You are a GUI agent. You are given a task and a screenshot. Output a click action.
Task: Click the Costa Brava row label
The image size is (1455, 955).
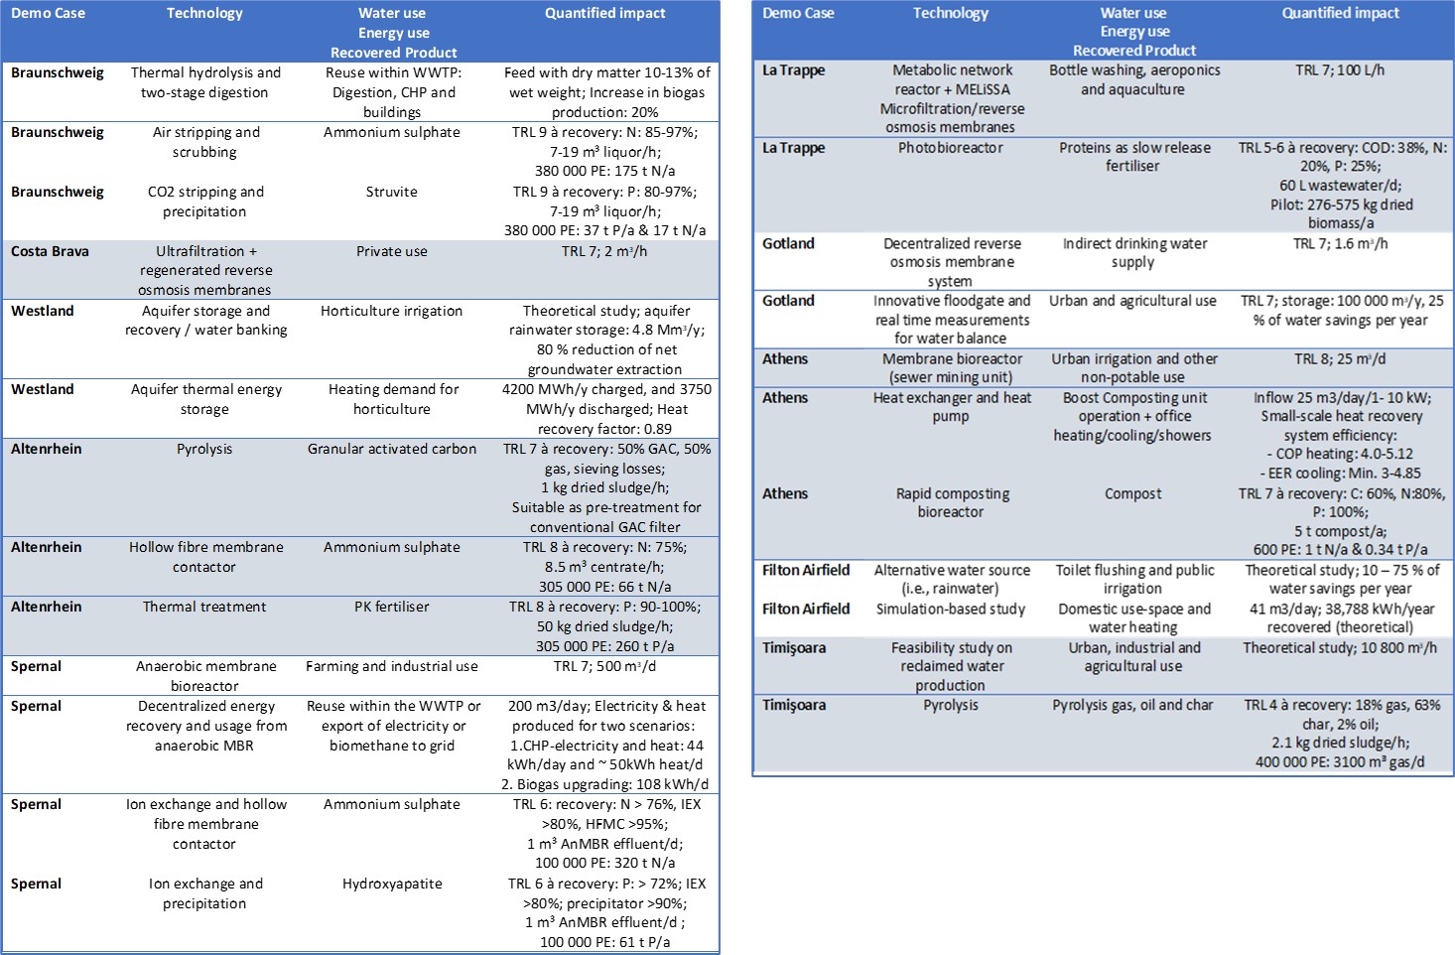tap(50, 251)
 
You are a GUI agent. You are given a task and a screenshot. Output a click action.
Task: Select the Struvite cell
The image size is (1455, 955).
tap(391, 192)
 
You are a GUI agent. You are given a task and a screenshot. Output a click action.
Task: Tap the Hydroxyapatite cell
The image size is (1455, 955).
tap(392, 884)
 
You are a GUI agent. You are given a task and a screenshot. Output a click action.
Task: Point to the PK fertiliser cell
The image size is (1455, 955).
tap(391, 607)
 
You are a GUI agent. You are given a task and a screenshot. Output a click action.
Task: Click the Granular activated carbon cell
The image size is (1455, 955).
tap(391, 449)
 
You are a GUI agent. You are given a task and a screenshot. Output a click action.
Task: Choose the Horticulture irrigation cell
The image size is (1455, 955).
tap(391, 311)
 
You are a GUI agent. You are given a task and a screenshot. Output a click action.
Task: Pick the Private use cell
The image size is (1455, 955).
tap(391, 251)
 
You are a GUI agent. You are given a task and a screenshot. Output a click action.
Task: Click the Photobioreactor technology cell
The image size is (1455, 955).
tap(950, 147)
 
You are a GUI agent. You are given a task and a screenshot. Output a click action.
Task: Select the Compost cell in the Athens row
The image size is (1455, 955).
tap(1132, 493)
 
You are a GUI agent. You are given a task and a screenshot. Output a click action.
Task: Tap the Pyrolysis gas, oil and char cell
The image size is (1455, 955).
tap(1132, 705)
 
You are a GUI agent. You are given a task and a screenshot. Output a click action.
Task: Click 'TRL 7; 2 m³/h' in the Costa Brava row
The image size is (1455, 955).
tap(604, 251)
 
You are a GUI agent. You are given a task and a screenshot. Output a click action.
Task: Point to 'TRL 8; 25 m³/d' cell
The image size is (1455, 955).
tap(1340, 358)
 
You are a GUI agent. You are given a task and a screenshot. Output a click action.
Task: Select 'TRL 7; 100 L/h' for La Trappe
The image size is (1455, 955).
tap(1340, 69)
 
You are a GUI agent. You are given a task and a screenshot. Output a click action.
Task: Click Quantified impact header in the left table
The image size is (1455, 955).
tap(604, 13)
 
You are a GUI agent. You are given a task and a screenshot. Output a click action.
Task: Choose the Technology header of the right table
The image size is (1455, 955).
tap(950, 13)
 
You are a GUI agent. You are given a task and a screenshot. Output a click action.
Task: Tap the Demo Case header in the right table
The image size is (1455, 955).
tap(798, 13)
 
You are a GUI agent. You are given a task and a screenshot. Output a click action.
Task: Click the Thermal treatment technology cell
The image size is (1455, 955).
tap(204, 607)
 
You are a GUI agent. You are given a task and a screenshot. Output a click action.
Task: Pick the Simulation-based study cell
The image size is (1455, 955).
tap(950, 609)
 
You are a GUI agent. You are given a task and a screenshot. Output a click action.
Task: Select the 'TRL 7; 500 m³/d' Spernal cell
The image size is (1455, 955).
tap(604, 666)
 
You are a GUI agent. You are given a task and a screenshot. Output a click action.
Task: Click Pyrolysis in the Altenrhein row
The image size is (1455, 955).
tap(204, 449)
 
